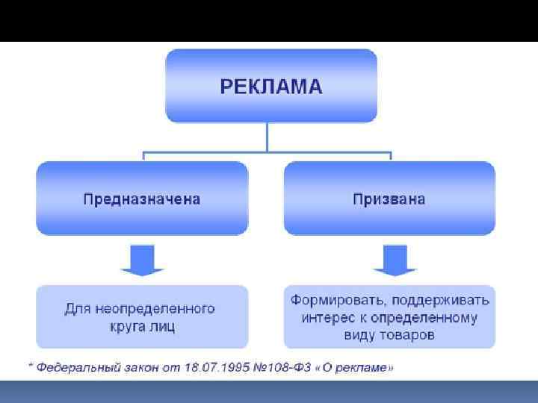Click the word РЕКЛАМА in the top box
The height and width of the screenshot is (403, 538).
click(270, 87)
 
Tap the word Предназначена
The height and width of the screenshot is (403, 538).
click(141, 199)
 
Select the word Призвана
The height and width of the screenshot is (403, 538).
click(389, 199)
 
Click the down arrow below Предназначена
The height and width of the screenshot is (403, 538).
click(142, 259)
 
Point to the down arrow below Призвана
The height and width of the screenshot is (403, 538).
click(389, 259)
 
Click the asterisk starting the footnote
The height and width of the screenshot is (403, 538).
click(30, 366)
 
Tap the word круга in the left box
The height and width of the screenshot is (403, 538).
click(127, 326)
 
